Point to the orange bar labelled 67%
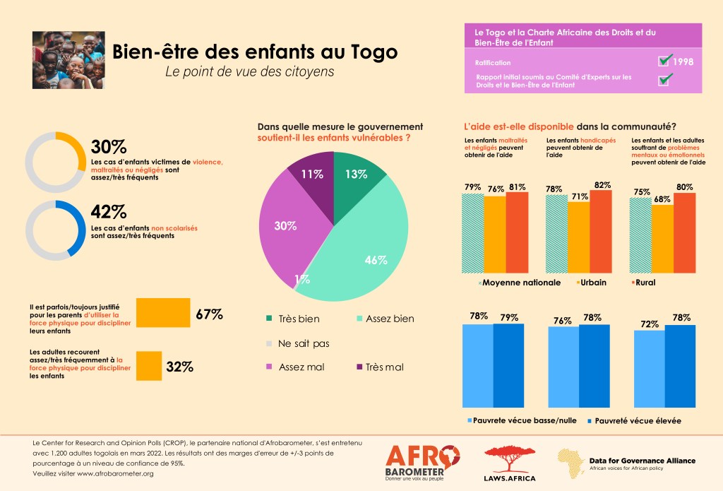pyautogui.click(x=162, y=313)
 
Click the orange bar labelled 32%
pyautogui.click(x=148, y=366)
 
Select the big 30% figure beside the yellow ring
pyautogui.click(x=108, y=147)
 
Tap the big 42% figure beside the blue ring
pyautogui.click(x=109, y=212)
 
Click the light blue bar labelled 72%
pyautogui.click(x=649, y=367)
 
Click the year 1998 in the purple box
pyautogui.click(x=683, y=62)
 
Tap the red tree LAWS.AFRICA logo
pyautogui.click(x=509, y=463)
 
